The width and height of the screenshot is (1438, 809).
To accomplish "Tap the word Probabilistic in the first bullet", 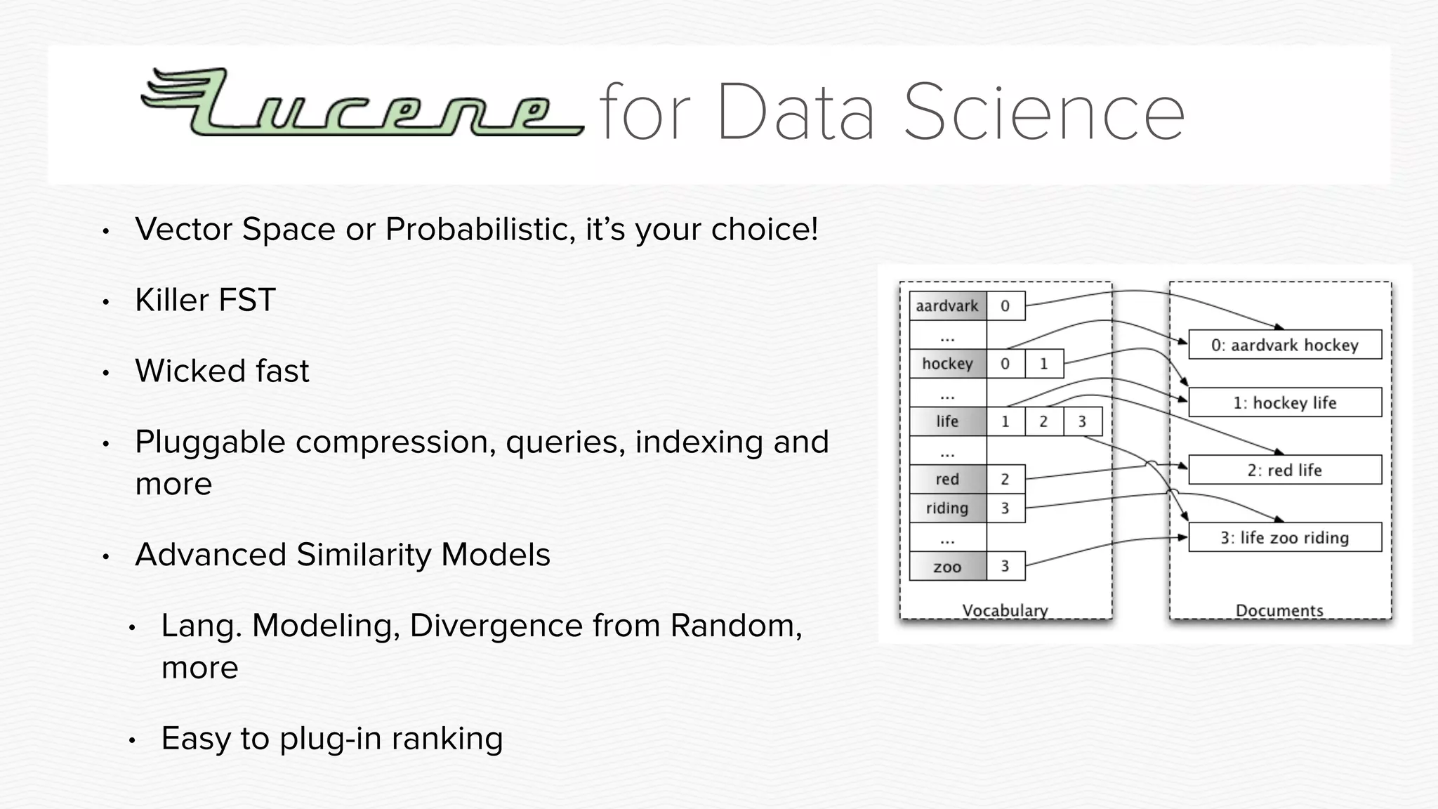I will pos(480,230).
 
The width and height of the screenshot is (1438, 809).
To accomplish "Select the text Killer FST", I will pos(205,301).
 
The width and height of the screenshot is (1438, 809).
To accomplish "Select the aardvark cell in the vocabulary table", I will pos(947,306).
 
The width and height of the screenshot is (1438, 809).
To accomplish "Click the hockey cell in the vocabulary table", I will pos(947,364).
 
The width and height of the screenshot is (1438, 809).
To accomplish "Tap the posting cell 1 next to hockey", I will pos(1043,364).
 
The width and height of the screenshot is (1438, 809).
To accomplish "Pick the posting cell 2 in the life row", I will pos(1043,421).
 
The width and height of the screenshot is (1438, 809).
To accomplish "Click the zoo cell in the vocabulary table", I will pos(947,567).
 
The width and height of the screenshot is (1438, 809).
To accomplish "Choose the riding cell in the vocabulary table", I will pos(947,508).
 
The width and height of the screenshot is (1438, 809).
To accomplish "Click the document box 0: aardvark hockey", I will pos(1284,345).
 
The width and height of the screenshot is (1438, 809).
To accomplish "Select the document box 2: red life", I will pos(1284,470).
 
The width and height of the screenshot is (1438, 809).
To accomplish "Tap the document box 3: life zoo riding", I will pos(1284,538).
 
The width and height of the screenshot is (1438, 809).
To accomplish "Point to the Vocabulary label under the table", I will pos(1005,610).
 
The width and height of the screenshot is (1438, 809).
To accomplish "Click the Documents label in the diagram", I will pos(1279,610).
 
